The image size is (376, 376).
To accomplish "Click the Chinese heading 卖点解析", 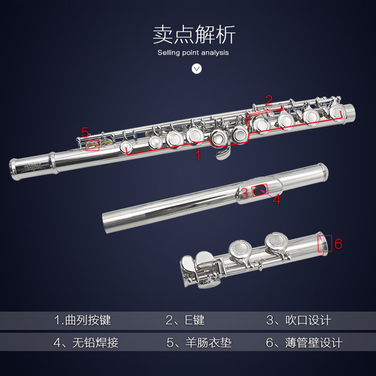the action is (194, 35).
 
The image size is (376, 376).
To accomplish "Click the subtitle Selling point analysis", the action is (193, 53).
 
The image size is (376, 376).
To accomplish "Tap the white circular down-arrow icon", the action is (197, 69).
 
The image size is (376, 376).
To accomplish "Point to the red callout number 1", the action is (198, 156).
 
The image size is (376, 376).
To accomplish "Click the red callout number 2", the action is (268, 100).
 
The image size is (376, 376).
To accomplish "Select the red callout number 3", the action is (244, 192).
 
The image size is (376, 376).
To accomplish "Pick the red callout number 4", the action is (276, 199).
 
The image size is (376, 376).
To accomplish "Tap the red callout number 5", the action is (85, 132).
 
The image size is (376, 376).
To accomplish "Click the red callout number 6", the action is (338, 243).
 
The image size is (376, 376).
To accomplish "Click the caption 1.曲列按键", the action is (82, 321).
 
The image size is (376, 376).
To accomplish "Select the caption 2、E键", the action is (185, 321).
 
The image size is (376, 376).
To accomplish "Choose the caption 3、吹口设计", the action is (299, 321).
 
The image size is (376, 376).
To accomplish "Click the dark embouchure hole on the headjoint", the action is (260, 190).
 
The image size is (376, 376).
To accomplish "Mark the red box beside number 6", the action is (325, 243).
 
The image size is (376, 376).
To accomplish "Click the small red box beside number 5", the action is (93, 145).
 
